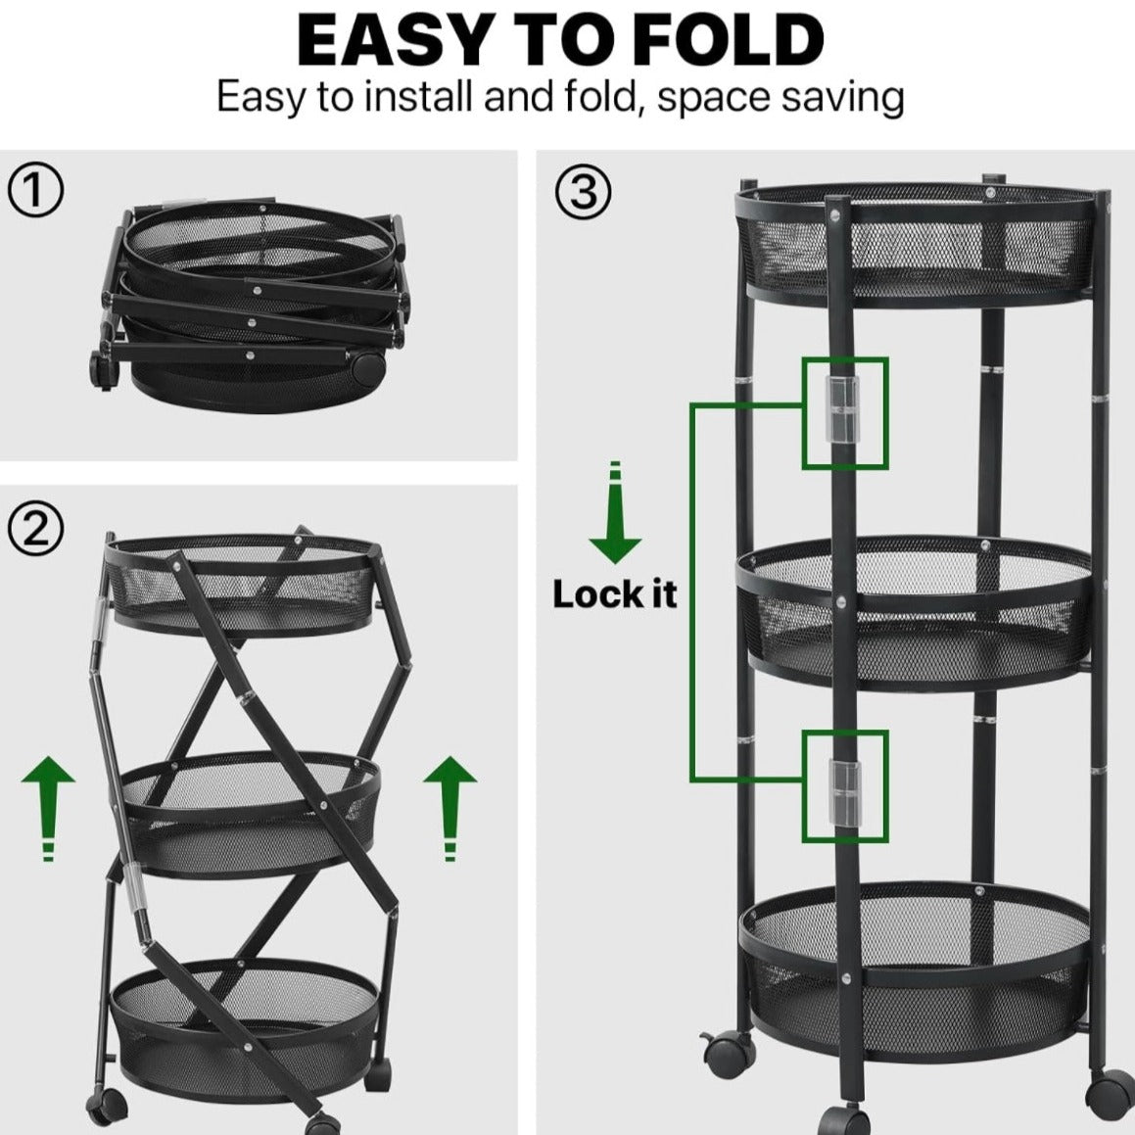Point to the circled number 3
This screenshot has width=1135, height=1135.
[583, 192]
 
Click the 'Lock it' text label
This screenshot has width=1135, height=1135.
[615, 594]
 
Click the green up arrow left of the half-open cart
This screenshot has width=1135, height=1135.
[48, 809]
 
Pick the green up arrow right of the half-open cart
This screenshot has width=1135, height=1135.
[450, 809]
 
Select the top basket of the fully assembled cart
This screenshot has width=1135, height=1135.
[916, 245]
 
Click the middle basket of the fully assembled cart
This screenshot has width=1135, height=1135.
[915, 613]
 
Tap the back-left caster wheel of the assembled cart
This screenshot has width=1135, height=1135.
[729, 1049]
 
